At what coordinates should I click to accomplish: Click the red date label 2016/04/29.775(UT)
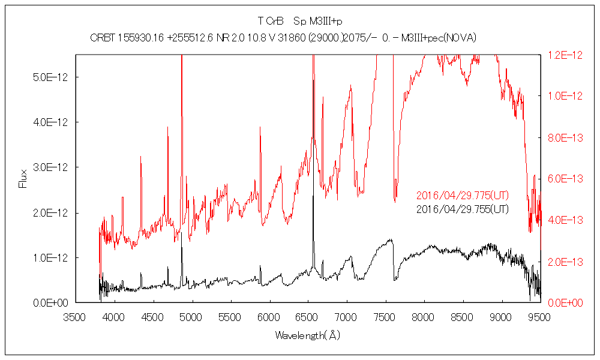click(463, 196)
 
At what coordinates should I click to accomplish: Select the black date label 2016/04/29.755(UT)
click(463, 209)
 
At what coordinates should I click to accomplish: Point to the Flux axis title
click(23, 178)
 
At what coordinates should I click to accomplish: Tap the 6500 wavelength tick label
click(308, 316)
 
